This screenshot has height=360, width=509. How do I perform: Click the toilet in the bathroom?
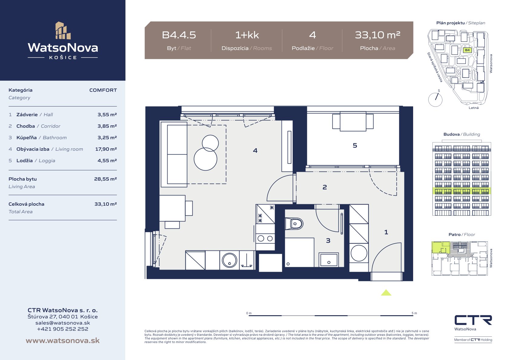(x=294, y=224)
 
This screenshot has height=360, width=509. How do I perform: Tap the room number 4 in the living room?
(x=255, y=150)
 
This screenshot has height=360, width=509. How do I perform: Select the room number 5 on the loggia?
(x=355, y=146)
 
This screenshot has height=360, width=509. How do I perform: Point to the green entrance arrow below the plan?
(x=386, y=293)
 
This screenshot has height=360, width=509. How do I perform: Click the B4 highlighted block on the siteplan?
(x=467, y=50)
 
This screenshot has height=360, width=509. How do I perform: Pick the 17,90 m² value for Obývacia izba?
(x=106, y=149)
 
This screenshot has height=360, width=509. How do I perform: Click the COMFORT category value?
(x=103, y=90)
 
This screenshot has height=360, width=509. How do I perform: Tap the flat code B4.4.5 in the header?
(x=179, y=35)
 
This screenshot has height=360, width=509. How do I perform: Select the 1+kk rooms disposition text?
(x=247, y=35)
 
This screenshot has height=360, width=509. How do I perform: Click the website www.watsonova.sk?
(x=63, y=340)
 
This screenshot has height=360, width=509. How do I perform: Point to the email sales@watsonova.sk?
(x=63, y=323)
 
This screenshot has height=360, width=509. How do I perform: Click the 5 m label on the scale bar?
(x=414, y=313)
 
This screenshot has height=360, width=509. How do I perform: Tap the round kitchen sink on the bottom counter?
(x=230, y=260)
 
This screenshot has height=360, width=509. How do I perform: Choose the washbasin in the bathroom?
(x=329, y=260)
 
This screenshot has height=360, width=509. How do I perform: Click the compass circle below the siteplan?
(x=435, y=100)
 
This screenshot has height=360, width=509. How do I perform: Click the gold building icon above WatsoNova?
(x=63, y=31)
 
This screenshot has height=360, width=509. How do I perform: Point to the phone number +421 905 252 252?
(x=63, y=329)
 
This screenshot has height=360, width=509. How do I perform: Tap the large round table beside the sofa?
(x=205, y=159)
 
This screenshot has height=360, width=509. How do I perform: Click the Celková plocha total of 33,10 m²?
(x=106, y=204)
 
